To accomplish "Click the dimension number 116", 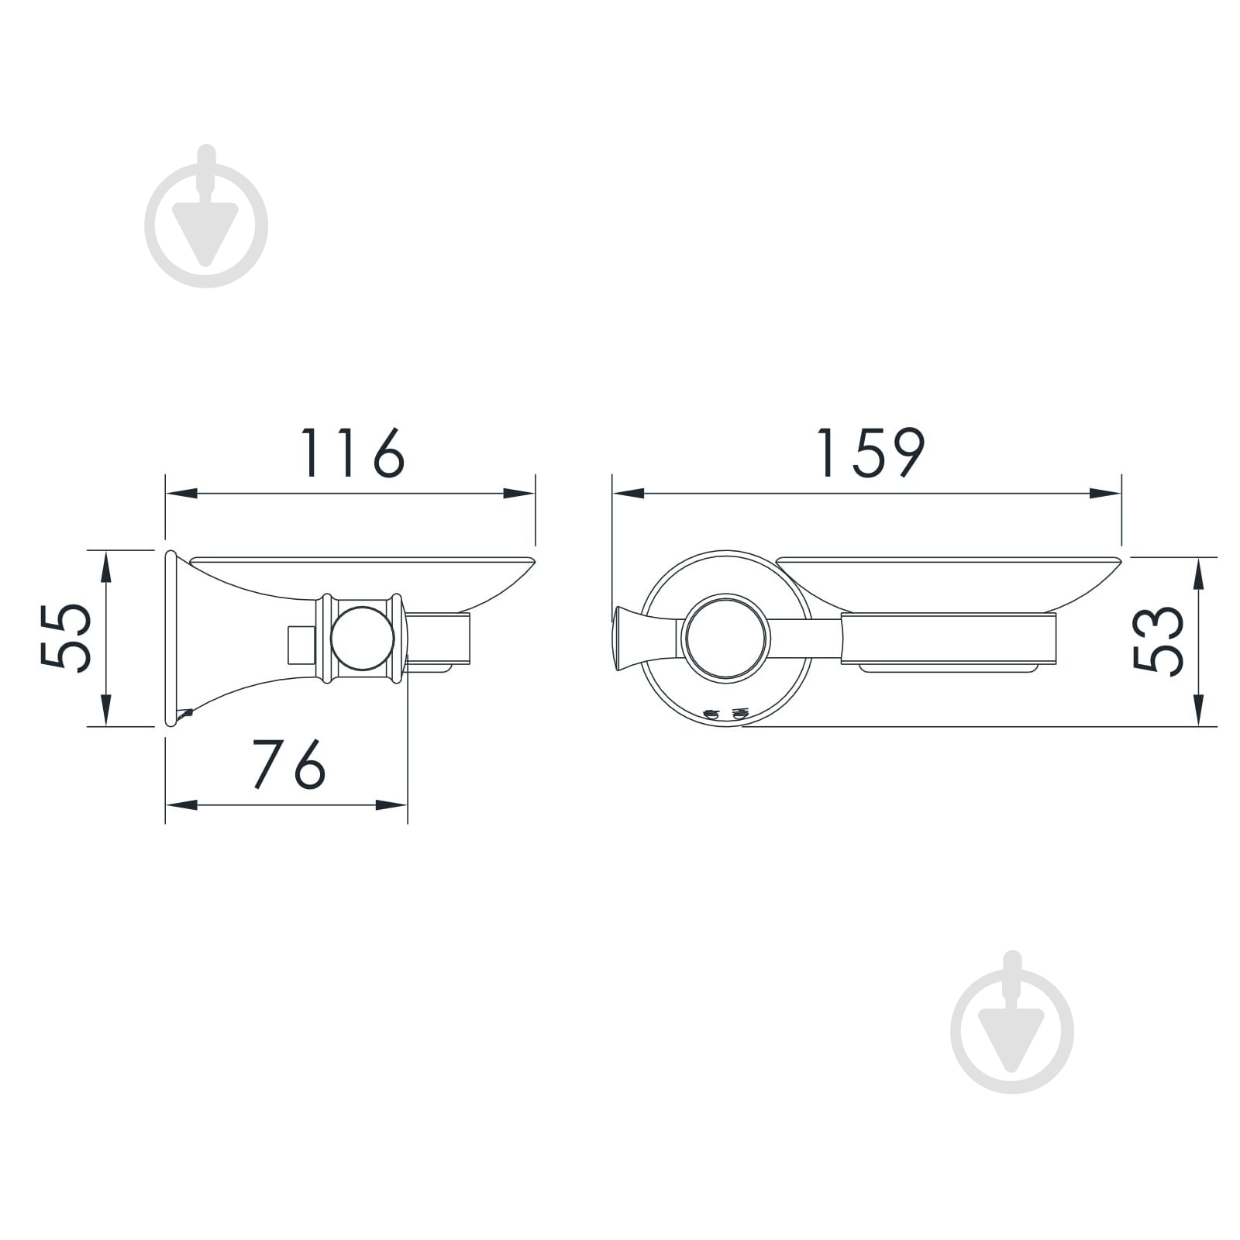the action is (x=353, y=453).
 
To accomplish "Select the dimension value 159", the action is (x=870, y=453).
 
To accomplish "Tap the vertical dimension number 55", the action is (x=66, y=637).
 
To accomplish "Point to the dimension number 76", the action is (x=290, y=764).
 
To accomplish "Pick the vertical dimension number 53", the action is (x=1159, y=639).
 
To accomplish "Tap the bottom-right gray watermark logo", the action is (x=1012, y=1022).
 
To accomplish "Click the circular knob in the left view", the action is (x=362, y=638).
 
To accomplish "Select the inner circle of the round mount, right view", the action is (x=726, y=639).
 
